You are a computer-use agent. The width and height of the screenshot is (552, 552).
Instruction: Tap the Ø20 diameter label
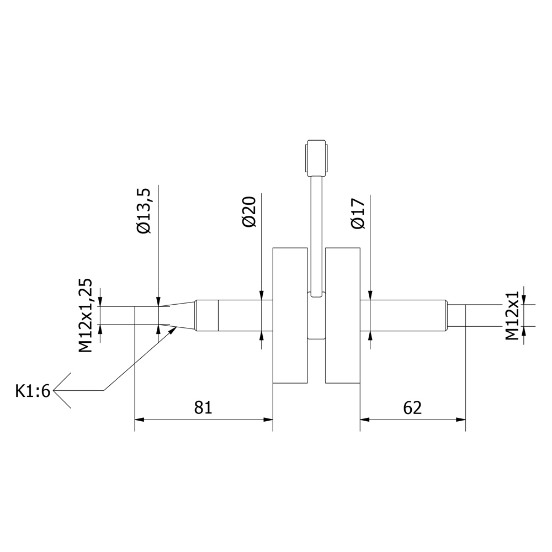pos(249,211)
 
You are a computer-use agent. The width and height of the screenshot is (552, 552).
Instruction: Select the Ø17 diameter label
pos(358,213)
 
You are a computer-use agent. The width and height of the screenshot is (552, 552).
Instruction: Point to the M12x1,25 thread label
pos(85,315)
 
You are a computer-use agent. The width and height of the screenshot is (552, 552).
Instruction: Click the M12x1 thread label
pos(512,315)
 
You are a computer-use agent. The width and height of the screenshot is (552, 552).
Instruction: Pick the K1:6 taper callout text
pos(33,391)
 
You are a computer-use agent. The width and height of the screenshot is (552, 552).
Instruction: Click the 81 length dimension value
pos(204,407)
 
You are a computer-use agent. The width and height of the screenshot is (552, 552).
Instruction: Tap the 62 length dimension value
pos(412,408)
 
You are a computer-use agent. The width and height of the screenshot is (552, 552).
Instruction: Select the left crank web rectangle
pos(290,315)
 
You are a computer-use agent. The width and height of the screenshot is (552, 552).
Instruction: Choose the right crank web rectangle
pos(343,315)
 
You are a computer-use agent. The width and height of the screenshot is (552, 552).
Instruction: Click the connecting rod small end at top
pos(316,158)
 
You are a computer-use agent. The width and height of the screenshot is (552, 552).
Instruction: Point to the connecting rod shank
pos(316,236)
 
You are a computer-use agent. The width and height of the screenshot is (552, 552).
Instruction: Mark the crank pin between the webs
pos(316,315)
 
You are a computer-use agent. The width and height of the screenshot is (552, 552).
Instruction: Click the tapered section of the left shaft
pos(178,315)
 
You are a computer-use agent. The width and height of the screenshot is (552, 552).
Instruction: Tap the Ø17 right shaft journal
pos(404,315)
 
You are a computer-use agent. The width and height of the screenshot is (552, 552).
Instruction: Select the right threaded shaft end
pos(457,315)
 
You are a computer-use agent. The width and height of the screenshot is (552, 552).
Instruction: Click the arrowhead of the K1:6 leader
pos(173,330)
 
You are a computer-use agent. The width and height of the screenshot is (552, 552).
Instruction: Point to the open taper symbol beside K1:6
pos(62,390)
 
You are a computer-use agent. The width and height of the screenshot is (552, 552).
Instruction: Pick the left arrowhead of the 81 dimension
pos(140,420)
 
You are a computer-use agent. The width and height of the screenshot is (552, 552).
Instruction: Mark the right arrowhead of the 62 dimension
pos(461,420)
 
